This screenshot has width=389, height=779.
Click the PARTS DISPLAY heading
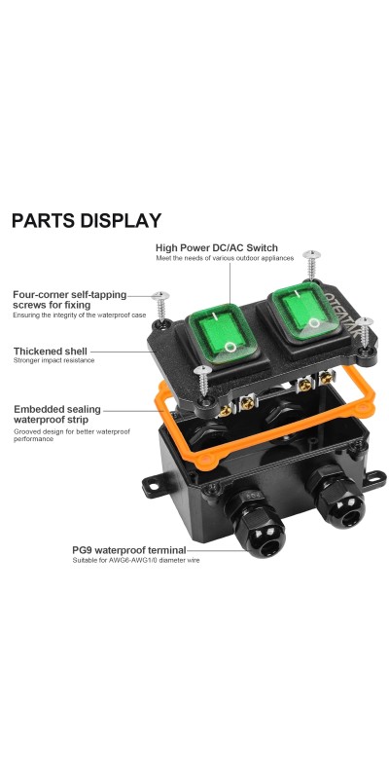click(87, 221)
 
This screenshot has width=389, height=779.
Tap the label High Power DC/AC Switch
click(216, 247)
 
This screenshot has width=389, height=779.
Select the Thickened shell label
click(51, 352)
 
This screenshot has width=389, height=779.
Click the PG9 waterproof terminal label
click(129, 550)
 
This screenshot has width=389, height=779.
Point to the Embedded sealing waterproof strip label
click(57, 415)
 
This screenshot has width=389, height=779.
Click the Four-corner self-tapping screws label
click(69, 300)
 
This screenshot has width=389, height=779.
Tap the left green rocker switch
click(223, 333)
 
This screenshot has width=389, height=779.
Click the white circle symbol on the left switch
click(230, 347)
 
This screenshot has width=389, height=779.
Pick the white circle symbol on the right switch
click(313, 323)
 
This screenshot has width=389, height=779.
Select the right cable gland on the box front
click(336, 498)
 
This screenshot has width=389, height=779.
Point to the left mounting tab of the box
click(153, 486)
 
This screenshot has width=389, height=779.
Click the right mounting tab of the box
click(375, 479)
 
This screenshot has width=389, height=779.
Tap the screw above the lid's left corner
click(160, 307)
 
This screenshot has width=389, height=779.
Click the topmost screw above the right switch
click(311, 265)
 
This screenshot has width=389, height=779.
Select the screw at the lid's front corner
click(203, 381)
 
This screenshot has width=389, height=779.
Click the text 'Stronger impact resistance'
click(54, 360)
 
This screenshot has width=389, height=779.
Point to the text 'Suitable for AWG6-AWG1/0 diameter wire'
click(136, 561)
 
